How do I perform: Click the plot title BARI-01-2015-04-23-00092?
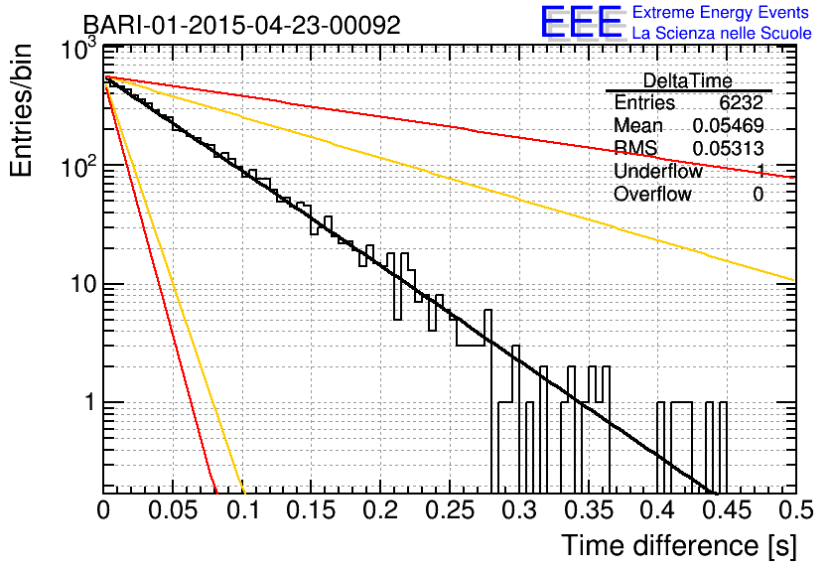[242, 25]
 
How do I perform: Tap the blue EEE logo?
[582, 22]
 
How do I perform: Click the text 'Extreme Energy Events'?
[721, 12]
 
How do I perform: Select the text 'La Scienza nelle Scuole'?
[722, 34]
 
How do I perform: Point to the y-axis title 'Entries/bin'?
[21, 110]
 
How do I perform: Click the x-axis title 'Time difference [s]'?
[679, 545]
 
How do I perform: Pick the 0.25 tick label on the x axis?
[450, 510]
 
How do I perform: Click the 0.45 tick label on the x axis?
[728, 510]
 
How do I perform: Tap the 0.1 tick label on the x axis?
[243, 510]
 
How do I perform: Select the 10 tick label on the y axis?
[83, 284]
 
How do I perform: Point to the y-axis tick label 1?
[89, 402]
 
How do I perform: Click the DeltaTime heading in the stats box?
[687, 81]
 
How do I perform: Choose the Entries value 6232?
[741, 102]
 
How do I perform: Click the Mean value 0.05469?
[728, 126]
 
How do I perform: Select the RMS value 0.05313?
[728, 149]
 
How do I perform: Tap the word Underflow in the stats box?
[658, 171]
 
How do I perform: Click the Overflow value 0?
[758, 195]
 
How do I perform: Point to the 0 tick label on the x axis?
[103, 510]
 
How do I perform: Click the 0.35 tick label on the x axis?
[589, 510]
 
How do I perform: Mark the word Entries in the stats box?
[644, 102]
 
